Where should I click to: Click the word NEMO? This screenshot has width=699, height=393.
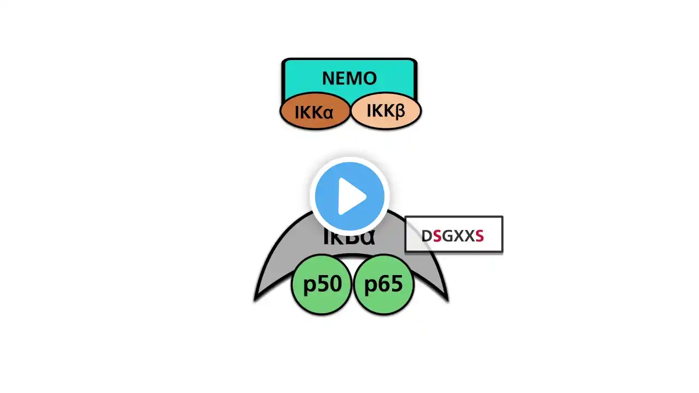[x=349, y=78]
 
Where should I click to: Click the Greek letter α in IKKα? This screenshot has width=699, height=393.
[x=328, y=113]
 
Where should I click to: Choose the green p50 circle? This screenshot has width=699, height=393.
[x=322, y=284]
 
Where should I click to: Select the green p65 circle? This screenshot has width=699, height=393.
[x=383, y=284]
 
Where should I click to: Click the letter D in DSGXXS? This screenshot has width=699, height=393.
[x=426, y=236]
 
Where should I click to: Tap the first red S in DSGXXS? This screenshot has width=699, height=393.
[x=437, y=236]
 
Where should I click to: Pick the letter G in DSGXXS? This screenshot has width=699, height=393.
[x=447, y=236]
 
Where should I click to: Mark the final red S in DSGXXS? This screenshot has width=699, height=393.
[x=479, y=236]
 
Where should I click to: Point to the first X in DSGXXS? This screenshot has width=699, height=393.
[x=458, y=236]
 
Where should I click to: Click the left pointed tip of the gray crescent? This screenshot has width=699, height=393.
[x=256, y=299]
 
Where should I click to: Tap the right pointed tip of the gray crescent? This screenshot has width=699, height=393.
[x=448, y=299]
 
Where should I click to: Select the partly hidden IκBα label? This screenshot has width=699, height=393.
[x=349, y=237]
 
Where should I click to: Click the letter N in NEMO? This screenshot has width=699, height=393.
[x=328, y=78]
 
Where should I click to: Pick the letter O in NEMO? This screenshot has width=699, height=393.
[x=370, y=78]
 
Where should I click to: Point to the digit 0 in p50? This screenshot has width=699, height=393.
[x=334, y=284]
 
